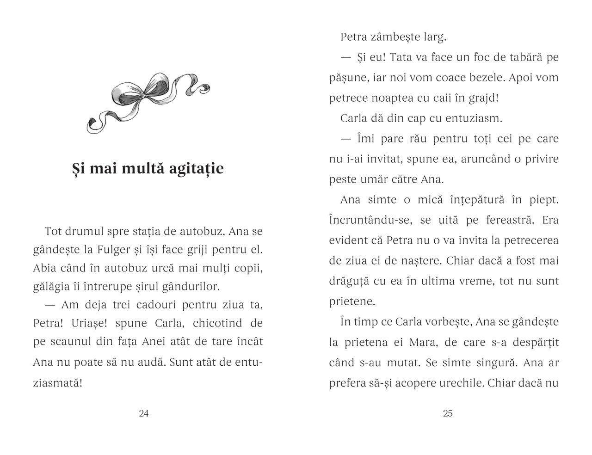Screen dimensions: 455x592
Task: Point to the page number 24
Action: point(143,413)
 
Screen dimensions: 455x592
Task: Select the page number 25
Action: point(448,413)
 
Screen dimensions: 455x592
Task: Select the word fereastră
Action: point(510,220)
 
